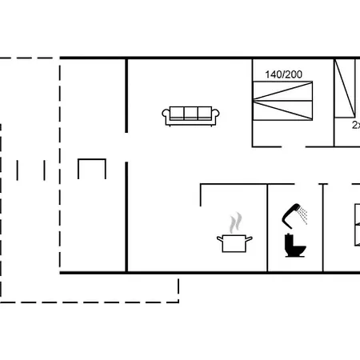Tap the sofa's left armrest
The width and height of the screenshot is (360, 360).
click(x=166, y=117)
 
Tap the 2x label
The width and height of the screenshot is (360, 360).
click(x=355, y=125)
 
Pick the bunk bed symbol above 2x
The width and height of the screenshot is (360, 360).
click(x=346, y=89)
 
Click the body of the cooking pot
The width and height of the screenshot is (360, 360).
click(x=234, y=244)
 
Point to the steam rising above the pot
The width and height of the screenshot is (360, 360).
click(x=234, y=222)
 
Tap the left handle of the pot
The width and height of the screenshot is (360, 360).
click(x=218, y=238)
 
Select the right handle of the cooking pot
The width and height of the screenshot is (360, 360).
click(x=250, y=238)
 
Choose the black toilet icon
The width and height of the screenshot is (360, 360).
click(x=294, y=246)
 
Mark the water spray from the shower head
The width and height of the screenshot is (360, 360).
click(x=303, y=212)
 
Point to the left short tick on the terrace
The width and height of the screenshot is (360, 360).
click(x=18, y=170)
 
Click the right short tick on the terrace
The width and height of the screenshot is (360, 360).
click(x=45, y=170)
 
